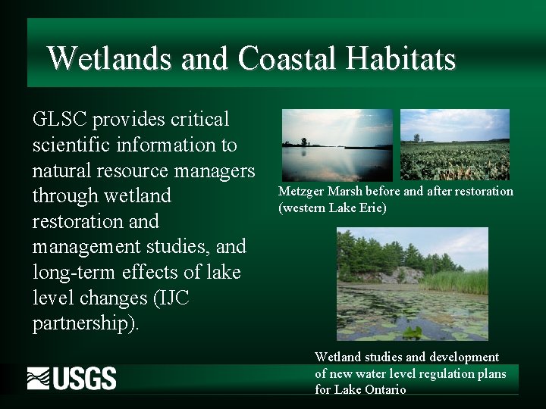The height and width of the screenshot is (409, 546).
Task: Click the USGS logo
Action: (72, 378)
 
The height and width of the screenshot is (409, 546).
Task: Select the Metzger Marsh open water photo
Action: (337, 145)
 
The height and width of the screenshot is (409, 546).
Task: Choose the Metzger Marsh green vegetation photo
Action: (455, 145)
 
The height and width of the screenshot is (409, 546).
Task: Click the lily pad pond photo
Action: (413, 285)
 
